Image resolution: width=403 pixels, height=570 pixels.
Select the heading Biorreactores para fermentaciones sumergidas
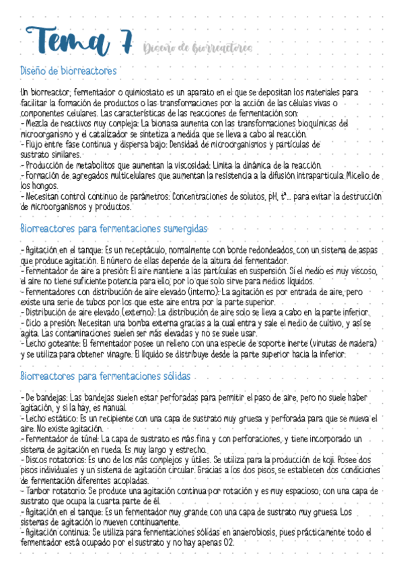(x=114, y=229)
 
